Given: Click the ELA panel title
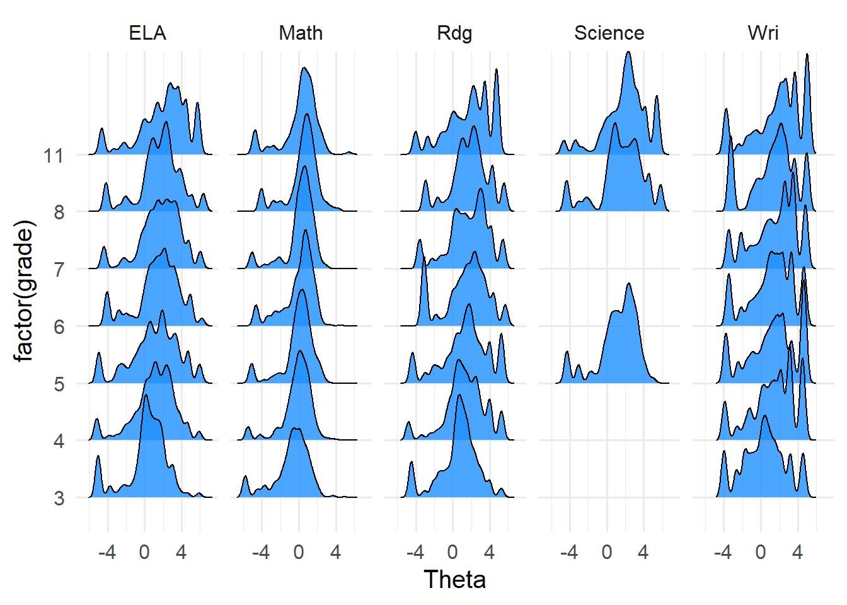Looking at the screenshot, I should pyautogui.click(x=147, y=33).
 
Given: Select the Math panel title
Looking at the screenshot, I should pyautogui.click(x=301, y=33).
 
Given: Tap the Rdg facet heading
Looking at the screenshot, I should pyautogui.click(x=454, y=33).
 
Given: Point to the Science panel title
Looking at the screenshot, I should pyautogui.click(x=609, y=33).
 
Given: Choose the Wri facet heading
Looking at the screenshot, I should pyautogui.click(x=763, y=33).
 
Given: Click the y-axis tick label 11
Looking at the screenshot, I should pyautogui.click(x=54, y=155).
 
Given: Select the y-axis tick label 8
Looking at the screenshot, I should pyautogui.click(x=59, y=212).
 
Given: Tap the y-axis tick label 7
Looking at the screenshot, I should pyautogui.click(x=59, y=269).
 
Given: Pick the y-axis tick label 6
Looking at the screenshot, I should pyautogui.click(x=59, y=326).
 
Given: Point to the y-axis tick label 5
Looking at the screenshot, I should pyautogui.click(x=59, y=384).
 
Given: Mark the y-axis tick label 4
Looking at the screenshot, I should pyautogui.click(x=59, y=441).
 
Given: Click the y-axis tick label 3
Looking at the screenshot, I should pyautogui.click(x=59, y=498).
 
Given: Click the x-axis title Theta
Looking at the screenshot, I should pyautogui.click(x=454, y=580).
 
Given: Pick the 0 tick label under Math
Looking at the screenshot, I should pyautogui.click(x=298, y=553).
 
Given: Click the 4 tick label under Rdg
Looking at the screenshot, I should pyautogui.click(x=489, y=553).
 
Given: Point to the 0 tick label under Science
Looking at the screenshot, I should pyautogui.click(x=606, y=553).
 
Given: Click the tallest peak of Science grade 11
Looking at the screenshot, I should pyautogui.click(x=628, y=53).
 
